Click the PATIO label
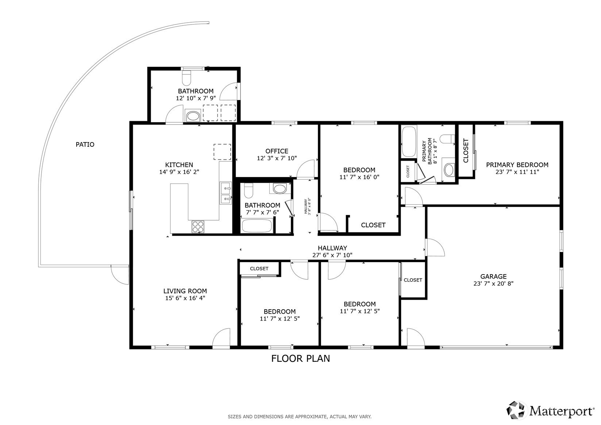coord(85,145)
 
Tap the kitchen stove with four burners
coord(198,227)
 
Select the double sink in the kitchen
coord(226,193)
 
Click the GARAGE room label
coord(493,276)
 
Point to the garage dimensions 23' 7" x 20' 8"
coord(493,283)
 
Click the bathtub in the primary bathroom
coord(409,142)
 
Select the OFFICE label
coord(277,151)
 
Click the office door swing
coord(305,169)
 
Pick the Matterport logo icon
coord(515,410)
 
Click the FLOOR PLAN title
coord(301,359)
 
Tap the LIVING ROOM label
coord(185,291)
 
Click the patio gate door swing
coord(120,275)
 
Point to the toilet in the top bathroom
coord(186,78)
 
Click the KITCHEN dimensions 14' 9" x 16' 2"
coord(179,172)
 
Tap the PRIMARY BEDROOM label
coord(517,165)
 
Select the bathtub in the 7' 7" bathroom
coord(257,226)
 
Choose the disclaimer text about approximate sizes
coord(300,417)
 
